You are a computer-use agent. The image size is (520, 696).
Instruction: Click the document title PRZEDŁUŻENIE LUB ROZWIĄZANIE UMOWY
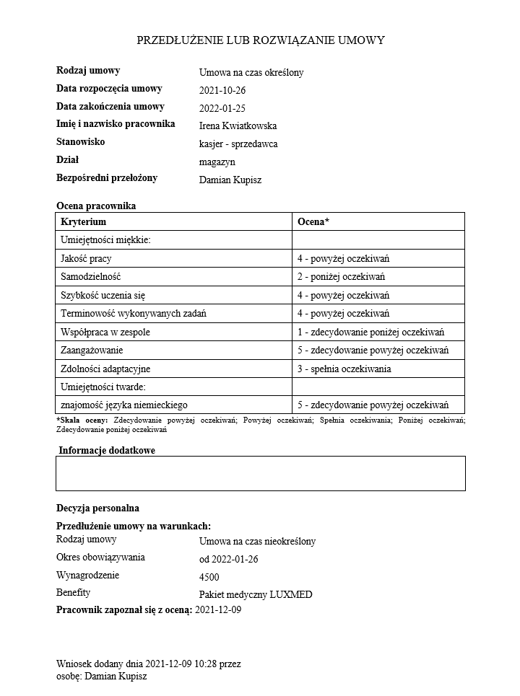260,40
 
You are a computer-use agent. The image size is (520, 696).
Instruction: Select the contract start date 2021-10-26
222,90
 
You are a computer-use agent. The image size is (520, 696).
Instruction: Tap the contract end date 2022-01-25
222,108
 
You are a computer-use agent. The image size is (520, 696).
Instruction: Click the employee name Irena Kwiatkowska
238,126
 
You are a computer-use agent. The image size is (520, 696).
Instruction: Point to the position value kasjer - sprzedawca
238,144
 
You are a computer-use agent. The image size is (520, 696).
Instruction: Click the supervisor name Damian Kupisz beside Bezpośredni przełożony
230,180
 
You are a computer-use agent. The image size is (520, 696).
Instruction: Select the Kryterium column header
84,222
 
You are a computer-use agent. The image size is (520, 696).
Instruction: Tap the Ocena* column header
313,222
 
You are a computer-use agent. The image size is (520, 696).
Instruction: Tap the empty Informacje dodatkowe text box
260,473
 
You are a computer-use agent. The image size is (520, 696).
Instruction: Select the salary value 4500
209,577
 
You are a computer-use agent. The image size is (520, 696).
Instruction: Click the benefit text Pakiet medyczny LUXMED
255,595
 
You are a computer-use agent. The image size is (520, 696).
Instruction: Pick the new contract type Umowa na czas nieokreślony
257,541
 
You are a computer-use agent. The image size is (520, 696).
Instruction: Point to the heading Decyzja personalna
97,508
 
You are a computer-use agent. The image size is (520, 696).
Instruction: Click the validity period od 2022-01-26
228,559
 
